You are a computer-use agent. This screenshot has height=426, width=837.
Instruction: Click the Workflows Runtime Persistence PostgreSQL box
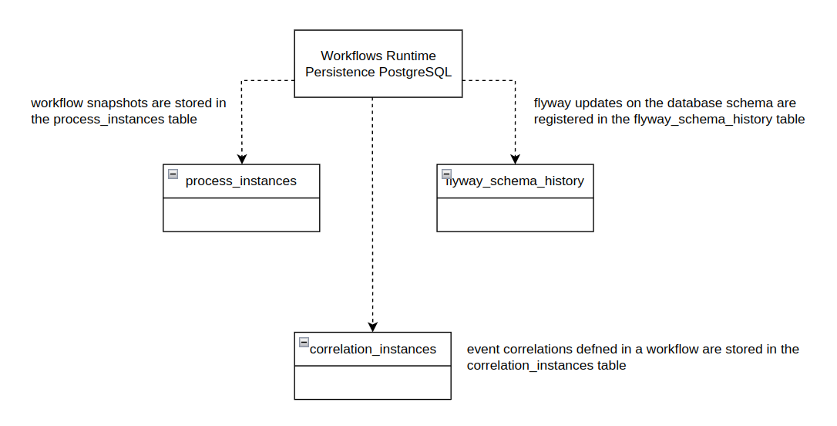(x=378, y=63)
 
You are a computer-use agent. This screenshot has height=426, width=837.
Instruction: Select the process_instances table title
(x=240, y=181)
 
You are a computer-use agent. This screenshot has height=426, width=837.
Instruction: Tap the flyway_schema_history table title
(x=515, y=181)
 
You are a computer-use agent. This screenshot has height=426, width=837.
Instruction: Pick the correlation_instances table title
(x=372, y=349)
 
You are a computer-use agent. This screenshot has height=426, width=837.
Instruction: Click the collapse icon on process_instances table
(x=173, y=174)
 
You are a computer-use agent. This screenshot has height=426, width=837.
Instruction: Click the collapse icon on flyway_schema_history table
(x=446, y=174)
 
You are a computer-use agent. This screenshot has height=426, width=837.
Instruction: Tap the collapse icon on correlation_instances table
(x=304, y=343)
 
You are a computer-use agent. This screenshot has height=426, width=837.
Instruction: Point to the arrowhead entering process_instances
(x=241, y=158)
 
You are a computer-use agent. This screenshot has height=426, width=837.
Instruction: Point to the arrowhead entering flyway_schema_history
(x=515, y=158)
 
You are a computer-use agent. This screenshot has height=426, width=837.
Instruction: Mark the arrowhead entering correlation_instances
(x=372, y=326)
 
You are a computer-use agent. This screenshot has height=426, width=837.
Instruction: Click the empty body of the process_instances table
(x=240, y=215)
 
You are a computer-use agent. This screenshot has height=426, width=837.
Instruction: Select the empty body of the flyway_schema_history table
(x=515, y=215)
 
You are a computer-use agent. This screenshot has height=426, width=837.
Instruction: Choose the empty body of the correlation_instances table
(x=372, y=383)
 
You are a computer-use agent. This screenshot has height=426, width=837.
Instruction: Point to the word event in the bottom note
(x=483, y=349)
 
